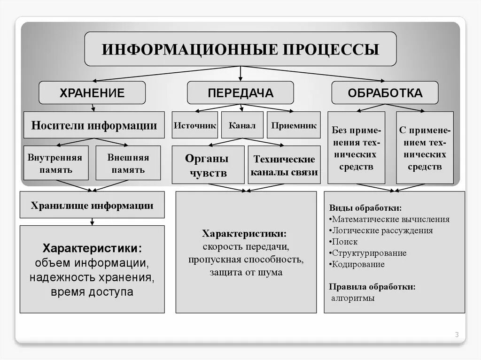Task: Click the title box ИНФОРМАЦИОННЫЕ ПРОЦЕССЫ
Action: point(240,49)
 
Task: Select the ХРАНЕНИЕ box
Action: point(92,92)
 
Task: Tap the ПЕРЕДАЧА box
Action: point(240,92)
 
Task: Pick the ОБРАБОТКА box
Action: point(385,92)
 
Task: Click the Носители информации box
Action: point(94,125)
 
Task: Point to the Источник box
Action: point(194,125)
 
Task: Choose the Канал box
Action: point(242,125)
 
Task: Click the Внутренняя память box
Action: point(56,163)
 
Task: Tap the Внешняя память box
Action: point(128,163)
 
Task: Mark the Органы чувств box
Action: point(208,165)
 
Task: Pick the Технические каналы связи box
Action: point(284,165)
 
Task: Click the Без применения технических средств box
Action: point(356,147)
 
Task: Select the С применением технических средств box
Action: point(425,147)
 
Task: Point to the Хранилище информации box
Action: point(92,205)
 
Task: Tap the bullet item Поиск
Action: point(345,242)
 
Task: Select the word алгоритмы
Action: point(353,298)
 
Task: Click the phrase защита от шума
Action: point(246,272)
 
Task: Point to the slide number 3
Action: point(457,335)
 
